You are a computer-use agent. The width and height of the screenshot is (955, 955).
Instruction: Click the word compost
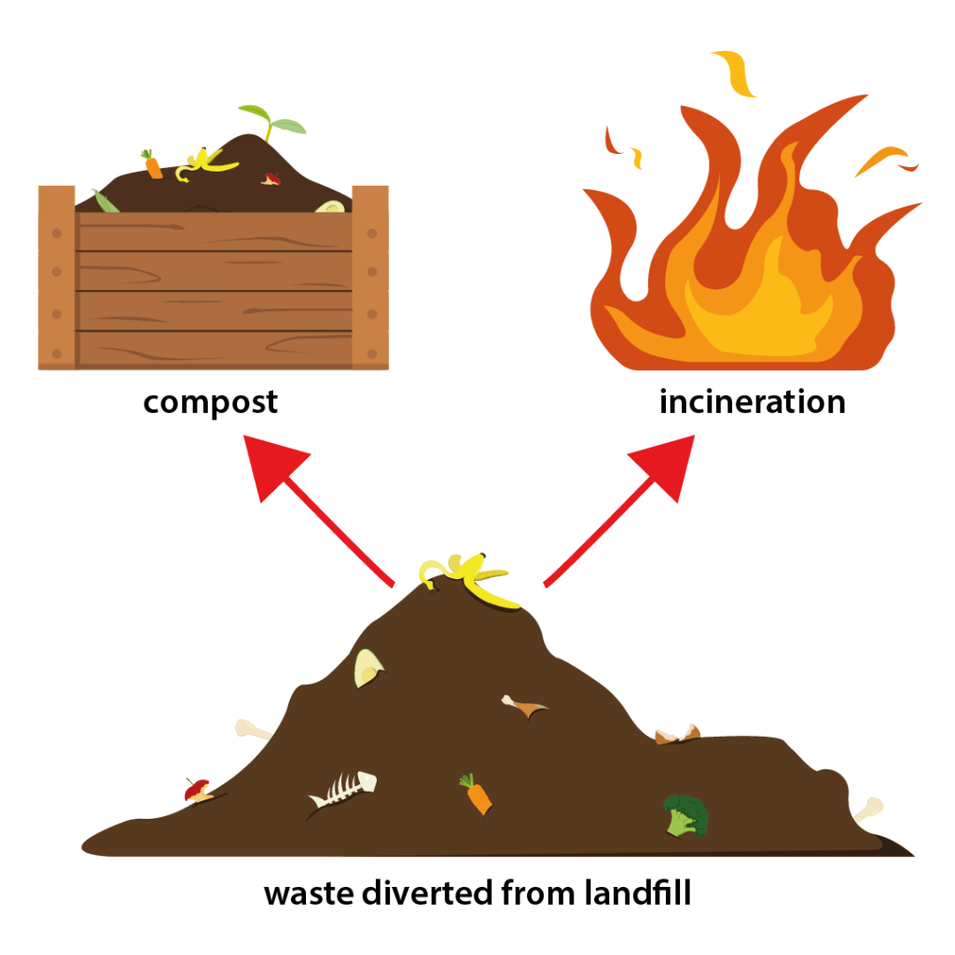(210, 403)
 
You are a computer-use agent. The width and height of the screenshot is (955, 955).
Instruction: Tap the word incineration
(752, 402)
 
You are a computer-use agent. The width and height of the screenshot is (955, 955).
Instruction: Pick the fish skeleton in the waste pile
(342, 790)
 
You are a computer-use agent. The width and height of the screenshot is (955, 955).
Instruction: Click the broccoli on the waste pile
(685, 814)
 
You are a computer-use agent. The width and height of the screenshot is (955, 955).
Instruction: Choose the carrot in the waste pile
(476, 795)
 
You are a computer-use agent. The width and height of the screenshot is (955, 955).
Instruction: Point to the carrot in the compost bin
(152, 165)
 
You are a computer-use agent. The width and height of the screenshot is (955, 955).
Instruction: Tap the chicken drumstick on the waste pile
(524, 706)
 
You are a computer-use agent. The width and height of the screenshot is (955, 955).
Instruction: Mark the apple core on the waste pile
(199, 792)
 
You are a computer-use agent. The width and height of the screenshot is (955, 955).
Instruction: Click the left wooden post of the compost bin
(56, 277)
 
